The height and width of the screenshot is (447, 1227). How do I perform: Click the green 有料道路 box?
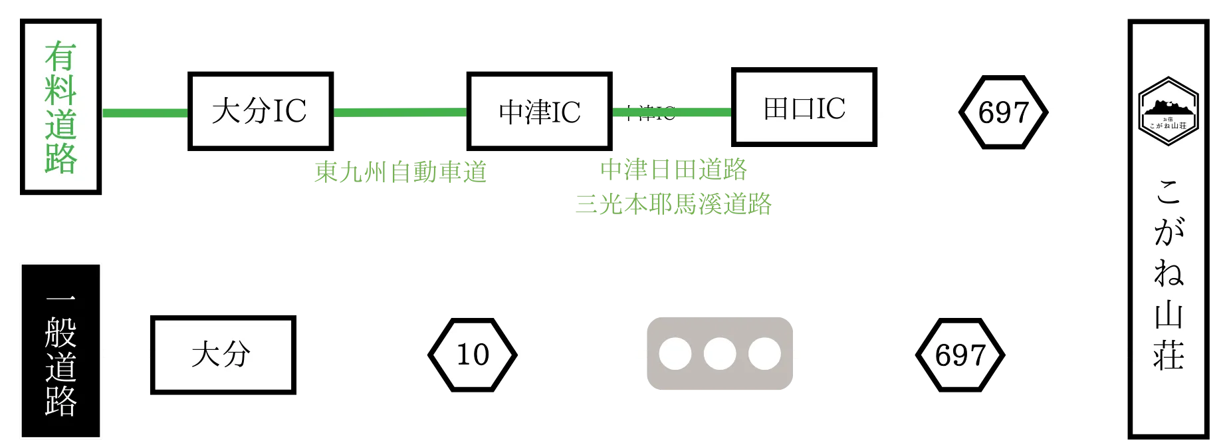(60, 106)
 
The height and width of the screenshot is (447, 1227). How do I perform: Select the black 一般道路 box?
(60, 351)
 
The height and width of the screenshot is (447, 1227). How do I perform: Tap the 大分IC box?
(260, 111)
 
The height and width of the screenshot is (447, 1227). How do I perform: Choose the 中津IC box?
(539, 111)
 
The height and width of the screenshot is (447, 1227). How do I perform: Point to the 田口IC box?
(804, 108)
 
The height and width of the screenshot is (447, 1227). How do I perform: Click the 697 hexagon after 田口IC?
(1003, 112)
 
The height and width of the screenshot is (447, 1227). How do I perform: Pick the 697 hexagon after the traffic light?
(960, 355)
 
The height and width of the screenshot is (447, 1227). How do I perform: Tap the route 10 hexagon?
(473, 355)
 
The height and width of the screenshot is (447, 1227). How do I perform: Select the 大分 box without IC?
(222, 355)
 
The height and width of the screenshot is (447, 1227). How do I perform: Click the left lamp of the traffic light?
(675, 354)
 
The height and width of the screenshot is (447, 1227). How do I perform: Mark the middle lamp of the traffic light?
(719, 354)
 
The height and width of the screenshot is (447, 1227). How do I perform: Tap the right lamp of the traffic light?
(764, 354)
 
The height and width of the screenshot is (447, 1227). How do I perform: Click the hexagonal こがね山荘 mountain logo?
(1168, 111)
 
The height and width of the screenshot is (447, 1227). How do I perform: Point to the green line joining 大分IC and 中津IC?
(399, 112)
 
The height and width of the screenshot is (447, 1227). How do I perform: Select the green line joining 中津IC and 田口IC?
(671, 112)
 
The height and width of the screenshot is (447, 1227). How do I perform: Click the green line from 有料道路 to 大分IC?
(145, 113)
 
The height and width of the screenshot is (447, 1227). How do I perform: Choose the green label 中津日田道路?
(674, 169)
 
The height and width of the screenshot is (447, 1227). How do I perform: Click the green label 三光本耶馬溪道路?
(674, 204)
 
